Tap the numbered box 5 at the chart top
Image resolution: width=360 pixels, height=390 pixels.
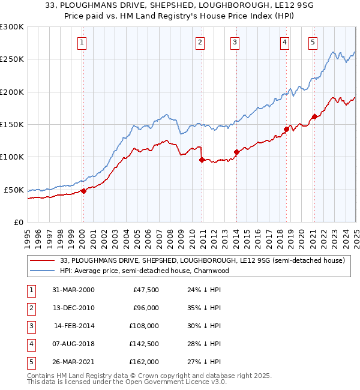313,42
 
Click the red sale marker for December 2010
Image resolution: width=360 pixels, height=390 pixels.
202,160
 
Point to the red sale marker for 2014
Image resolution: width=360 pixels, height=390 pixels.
236,152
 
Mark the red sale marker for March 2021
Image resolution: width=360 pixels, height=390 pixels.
314,117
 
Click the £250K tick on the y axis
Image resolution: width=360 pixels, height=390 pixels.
12,59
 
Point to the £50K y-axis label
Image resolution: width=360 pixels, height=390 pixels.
14,190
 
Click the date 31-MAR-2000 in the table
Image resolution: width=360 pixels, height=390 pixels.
73,290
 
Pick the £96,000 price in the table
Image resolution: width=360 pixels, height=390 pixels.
146,308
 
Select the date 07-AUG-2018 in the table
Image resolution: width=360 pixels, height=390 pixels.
73,344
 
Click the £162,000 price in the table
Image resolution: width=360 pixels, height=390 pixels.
144,362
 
